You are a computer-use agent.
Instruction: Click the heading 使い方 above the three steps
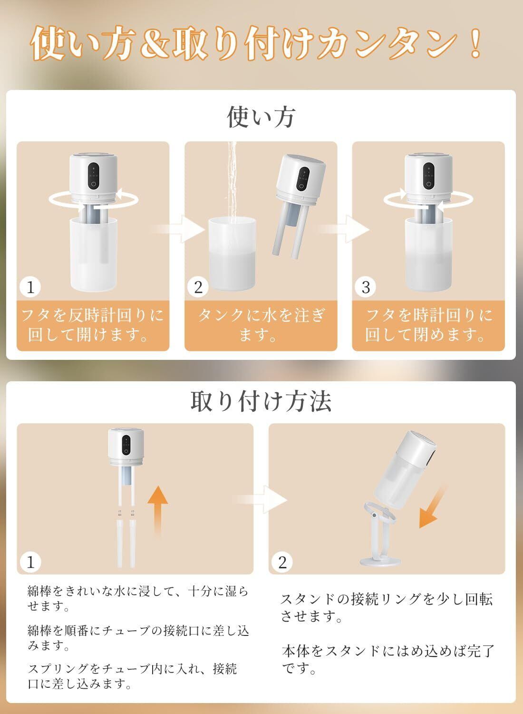click(261, 117)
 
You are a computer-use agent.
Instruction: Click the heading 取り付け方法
click(261, 401)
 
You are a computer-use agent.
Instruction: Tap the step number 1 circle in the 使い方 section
click(30, 287)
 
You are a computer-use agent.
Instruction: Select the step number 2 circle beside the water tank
click(198, 287)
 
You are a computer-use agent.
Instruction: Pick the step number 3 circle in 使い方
click(366, 287)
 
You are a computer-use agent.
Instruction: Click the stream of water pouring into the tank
click(232, 182)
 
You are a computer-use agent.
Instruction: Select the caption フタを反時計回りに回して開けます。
click(93, 325)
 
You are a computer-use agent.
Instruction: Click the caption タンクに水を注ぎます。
click(261, 325)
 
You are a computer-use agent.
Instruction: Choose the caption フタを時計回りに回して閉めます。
click(429, 325)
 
